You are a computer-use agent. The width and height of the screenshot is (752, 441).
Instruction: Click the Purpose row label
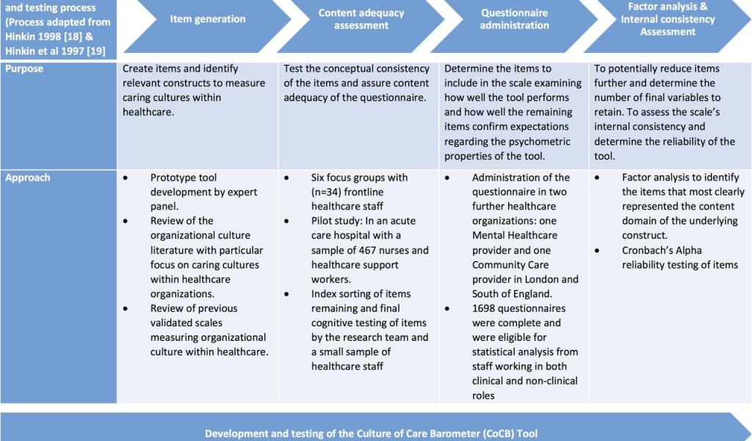pyautogui.click(x=24, y=68)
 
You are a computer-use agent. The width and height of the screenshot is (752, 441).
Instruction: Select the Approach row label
pyautogui.click(x=27, y=178)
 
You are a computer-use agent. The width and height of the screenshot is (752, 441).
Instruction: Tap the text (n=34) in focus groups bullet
pyautogui.click(x=326, y=192)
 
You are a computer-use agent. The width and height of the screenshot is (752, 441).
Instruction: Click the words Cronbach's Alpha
pyautogui.click(x=662, y=250)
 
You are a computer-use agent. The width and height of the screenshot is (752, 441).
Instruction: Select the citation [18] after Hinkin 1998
pyautogui.click(x=73, y=37)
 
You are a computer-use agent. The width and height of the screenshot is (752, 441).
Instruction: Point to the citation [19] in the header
pyautogui.click(x=96, y=51)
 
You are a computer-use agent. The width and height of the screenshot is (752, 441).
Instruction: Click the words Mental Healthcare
pyautogui.click(x=515, y=236)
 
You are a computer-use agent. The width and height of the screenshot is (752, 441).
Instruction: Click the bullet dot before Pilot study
pyautogui.click(x=286, y=221)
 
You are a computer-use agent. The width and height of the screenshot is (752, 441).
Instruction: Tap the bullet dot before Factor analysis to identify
pyautogui.click(x=597, y=178)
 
